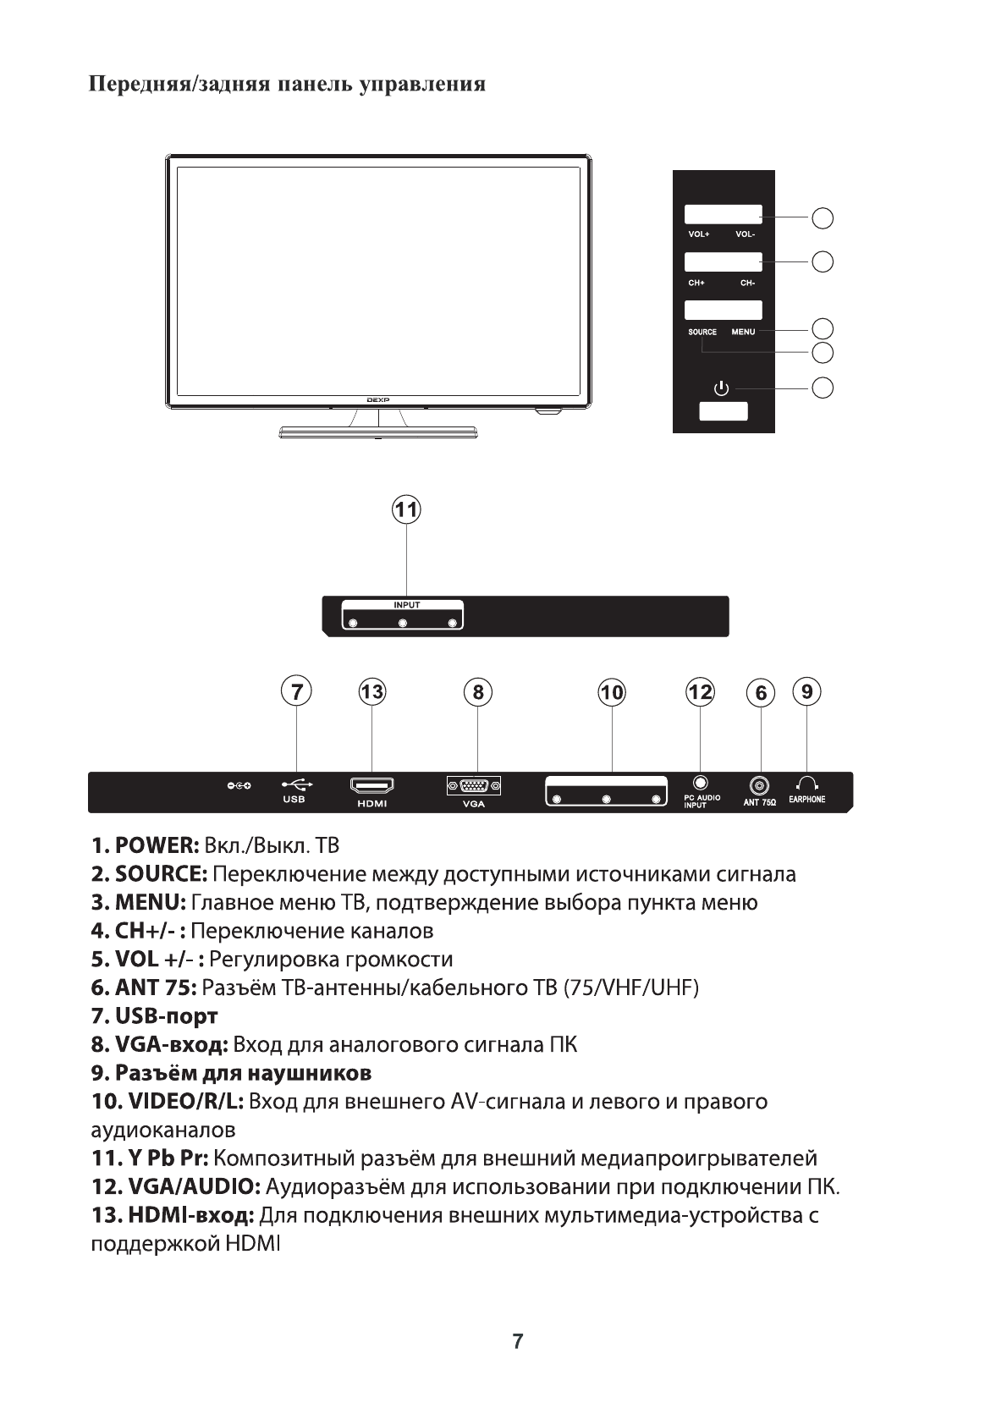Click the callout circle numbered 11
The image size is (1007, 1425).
coord(407,510)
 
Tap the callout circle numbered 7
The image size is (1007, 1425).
coord(296,691)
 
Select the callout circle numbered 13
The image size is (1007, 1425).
coord(371,691)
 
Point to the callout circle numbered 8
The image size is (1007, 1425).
coord(478,691)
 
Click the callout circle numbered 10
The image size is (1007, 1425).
coord(611,692)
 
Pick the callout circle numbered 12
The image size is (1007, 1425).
coord(700,691)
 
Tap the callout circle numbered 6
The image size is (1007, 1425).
coord(761,693)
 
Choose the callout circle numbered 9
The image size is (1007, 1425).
coord(807,691)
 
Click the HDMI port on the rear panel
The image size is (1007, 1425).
coord(371,786)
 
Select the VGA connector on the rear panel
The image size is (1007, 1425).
coord(474,786)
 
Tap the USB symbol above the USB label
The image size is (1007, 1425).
coord(296,784)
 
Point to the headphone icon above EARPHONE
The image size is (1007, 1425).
coord(806,784)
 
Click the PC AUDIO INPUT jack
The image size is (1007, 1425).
coord(700,784)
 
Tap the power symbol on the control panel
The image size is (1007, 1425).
coord(721,388)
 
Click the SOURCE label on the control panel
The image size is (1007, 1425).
coord(702,332)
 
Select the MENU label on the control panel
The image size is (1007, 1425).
coord(743,332)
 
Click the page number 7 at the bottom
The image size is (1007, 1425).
coord(518,1340)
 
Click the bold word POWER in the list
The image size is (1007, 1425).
coord(157,845)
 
